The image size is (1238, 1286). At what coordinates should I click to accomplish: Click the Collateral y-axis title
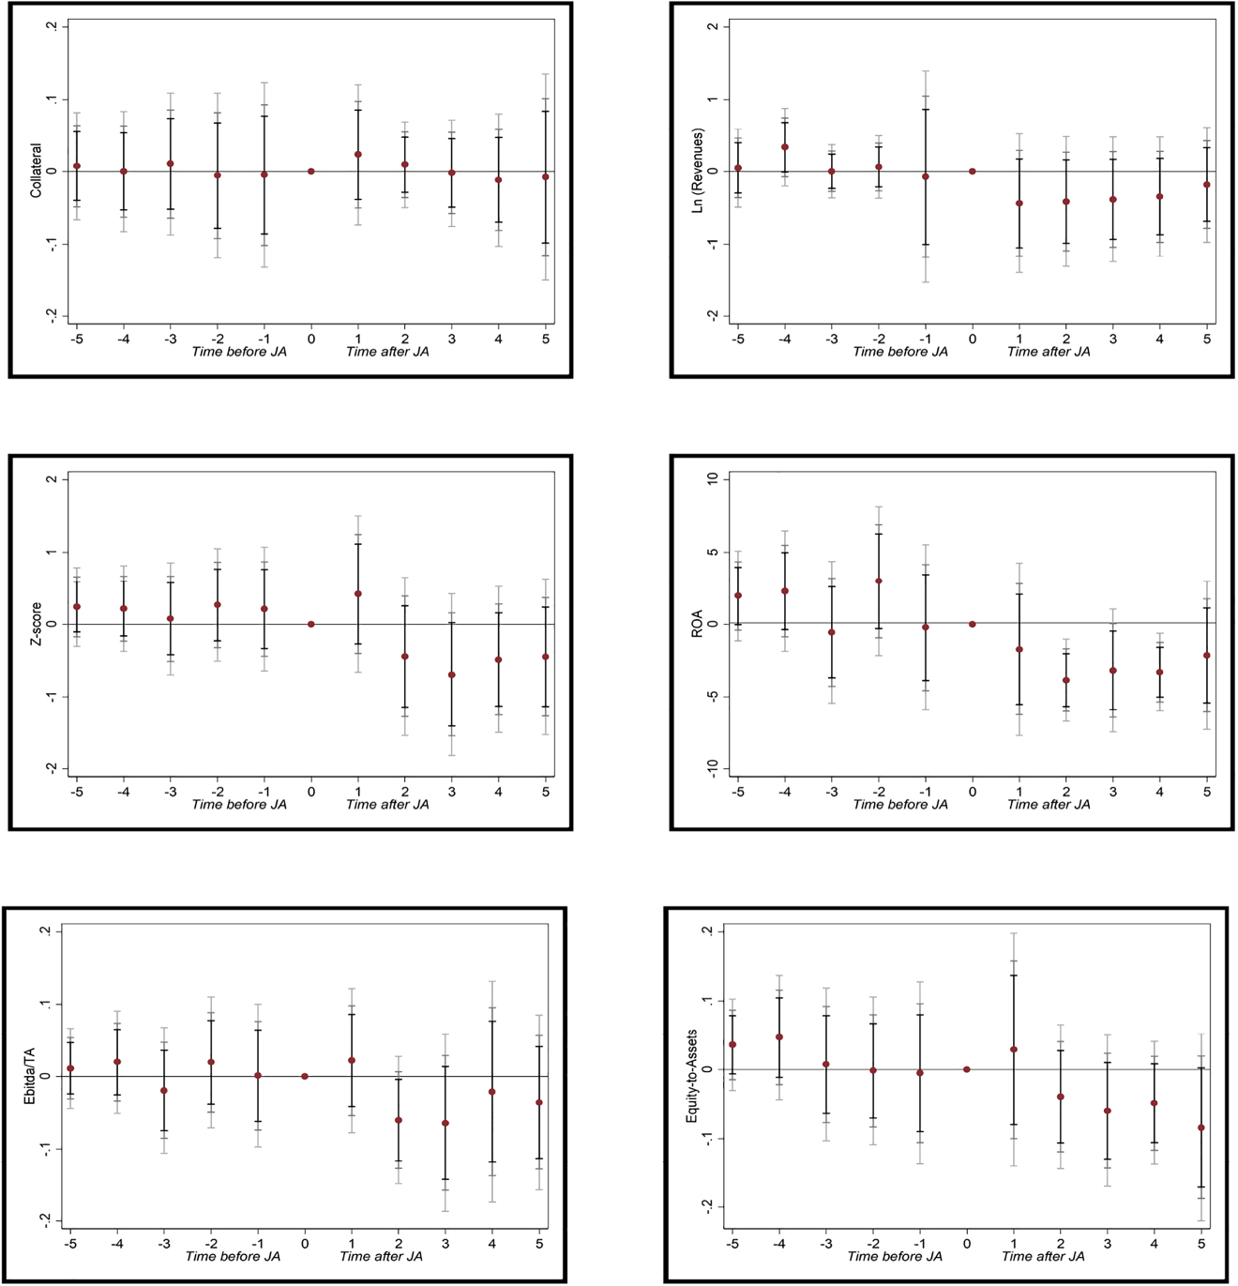coord(37,171)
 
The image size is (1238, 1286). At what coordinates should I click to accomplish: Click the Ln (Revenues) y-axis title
coord(698,171)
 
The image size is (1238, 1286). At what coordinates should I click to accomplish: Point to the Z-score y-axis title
coord(37,624)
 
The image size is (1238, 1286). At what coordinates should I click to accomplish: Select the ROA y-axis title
coord(698,624)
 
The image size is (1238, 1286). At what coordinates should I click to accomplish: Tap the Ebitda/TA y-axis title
coord(30,1076)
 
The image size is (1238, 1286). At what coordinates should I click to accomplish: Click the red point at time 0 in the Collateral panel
coord(311,172)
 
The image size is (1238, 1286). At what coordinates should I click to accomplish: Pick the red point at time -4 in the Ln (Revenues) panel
coord(785,147)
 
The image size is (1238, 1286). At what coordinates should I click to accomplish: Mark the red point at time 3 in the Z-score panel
coord(452,675)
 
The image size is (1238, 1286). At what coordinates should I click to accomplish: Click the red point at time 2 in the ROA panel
coord(1066,681)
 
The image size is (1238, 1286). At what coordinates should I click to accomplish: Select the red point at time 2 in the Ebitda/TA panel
coord(399,1121)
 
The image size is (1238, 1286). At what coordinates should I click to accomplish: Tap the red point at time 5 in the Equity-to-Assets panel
coord(1201,1128)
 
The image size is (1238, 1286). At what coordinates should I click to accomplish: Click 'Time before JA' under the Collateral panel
coord(239,352)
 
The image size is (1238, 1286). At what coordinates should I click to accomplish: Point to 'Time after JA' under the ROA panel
coord(1049,805)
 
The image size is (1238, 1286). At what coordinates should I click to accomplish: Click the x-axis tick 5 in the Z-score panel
coord(546,792)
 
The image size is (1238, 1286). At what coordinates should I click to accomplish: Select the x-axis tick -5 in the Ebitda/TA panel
coord(70,1244)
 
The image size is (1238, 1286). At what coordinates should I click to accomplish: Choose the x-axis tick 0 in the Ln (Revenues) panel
coord(973,339)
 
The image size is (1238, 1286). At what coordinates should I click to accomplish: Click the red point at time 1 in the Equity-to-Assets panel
coord(1014,1050)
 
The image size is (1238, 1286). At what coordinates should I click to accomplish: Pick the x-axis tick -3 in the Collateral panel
coord(170,339)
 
